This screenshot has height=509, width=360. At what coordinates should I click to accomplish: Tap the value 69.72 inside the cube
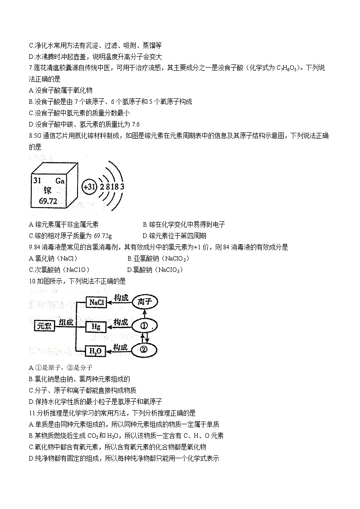44,201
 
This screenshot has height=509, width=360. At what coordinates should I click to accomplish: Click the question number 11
31,413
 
